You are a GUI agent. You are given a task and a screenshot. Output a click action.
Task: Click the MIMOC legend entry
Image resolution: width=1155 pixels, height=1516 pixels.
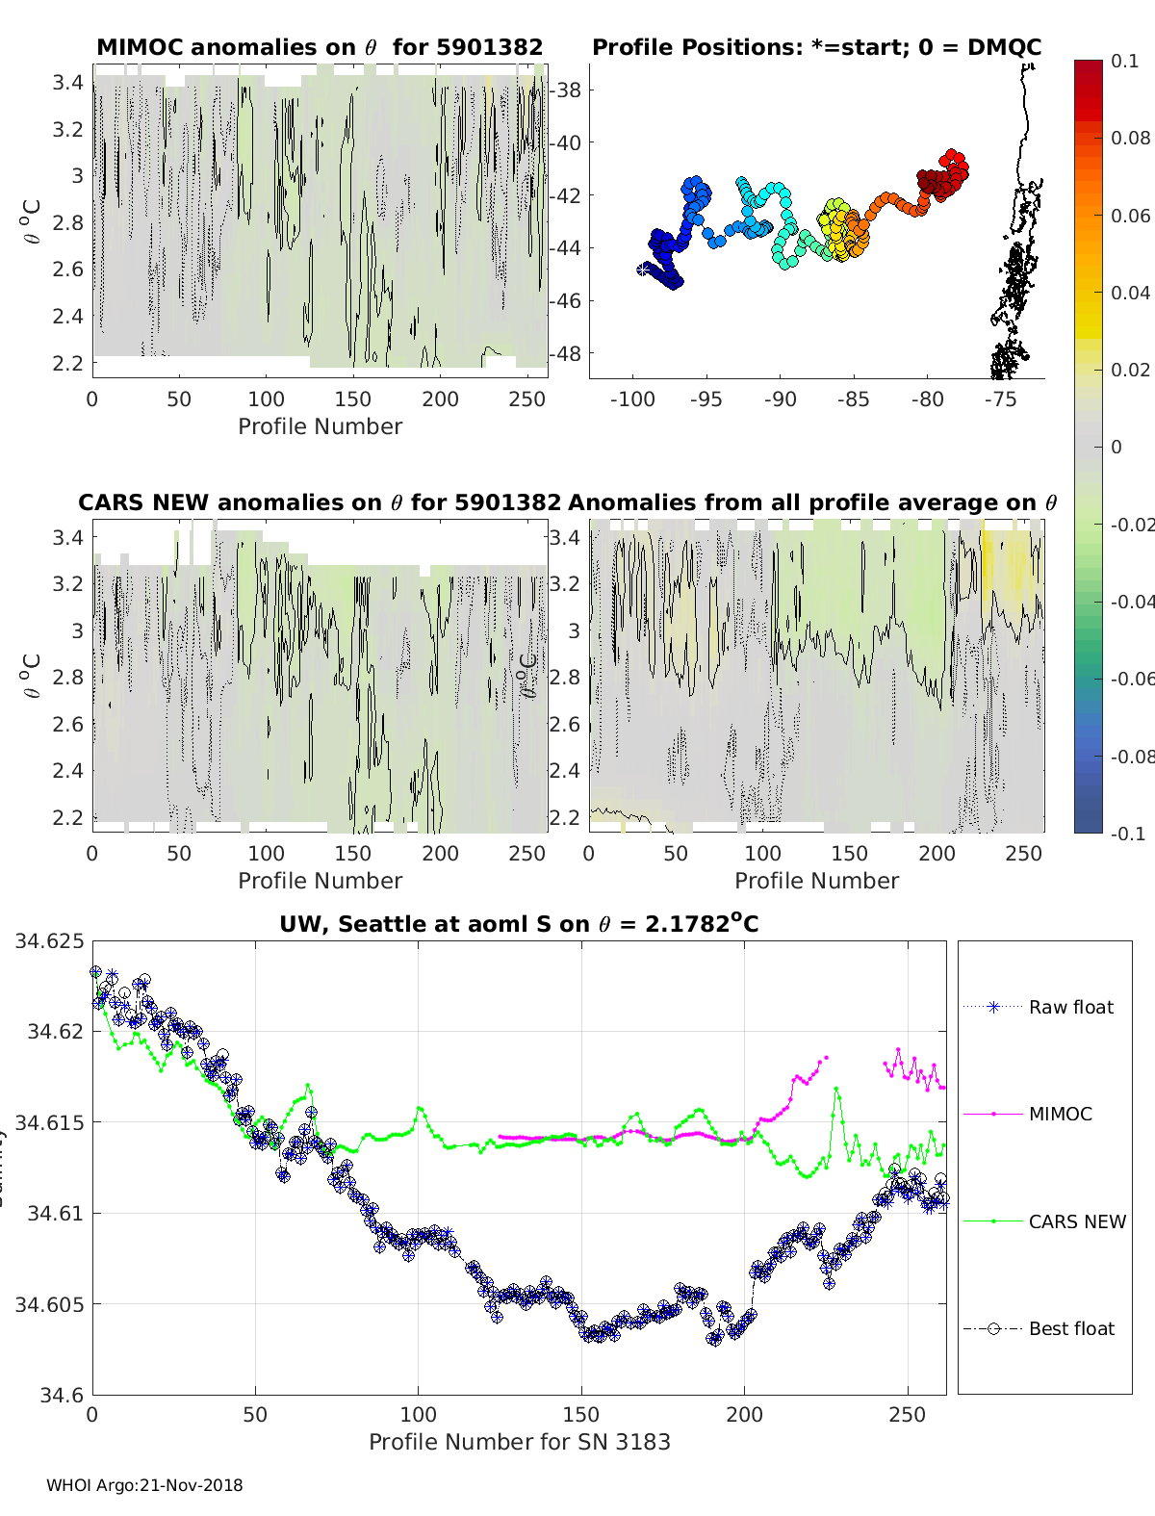point(1060,1115)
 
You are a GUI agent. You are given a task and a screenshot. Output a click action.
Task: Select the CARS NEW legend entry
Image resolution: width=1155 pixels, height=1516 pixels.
point(1076,1221)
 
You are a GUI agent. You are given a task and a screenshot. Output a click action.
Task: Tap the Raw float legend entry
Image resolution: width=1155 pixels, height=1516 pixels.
point(1070,1008)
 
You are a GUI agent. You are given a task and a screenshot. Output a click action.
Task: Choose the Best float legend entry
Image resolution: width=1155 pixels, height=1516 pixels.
point(1070,1329)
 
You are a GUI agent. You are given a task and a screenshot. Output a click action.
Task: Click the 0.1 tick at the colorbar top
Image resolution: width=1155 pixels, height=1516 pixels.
point(1124,62)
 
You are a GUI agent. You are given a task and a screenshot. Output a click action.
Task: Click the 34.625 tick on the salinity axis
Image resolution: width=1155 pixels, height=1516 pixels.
point(49,940)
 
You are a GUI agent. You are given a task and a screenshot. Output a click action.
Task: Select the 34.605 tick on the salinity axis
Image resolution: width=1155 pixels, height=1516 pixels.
point(49,1304)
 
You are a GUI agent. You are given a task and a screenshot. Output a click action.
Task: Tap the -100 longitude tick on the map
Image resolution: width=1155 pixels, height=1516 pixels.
point(632,400)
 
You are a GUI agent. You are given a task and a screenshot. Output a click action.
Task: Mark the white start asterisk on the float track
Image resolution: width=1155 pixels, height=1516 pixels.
point(643,270)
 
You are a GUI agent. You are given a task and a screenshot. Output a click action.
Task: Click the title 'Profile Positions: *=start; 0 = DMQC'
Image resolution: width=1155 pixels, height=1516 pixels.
point(816,47)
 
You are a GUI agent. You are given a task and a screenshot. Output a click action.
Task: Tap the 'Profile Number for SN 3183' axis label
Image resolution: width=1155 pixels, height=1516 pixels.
point(519,1442)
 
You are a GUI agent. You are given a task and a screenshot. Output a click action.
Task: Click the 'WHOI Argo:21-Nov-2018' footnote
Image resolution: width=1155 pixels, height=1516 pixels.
point(144,1485)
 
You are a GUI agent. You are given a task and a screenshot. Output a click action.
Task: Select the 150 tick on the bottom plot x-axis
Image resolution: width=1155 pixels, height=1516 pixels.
point(581,1415)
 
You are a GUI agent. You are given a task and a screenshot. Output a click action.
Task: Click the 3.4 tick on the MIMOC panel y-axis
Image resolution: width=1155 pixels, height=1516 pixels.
point(67,83)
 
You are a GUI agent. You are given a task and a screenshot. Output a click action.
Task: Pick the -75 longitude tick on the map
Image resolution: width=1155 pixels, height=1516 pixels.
point(1001,400)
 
